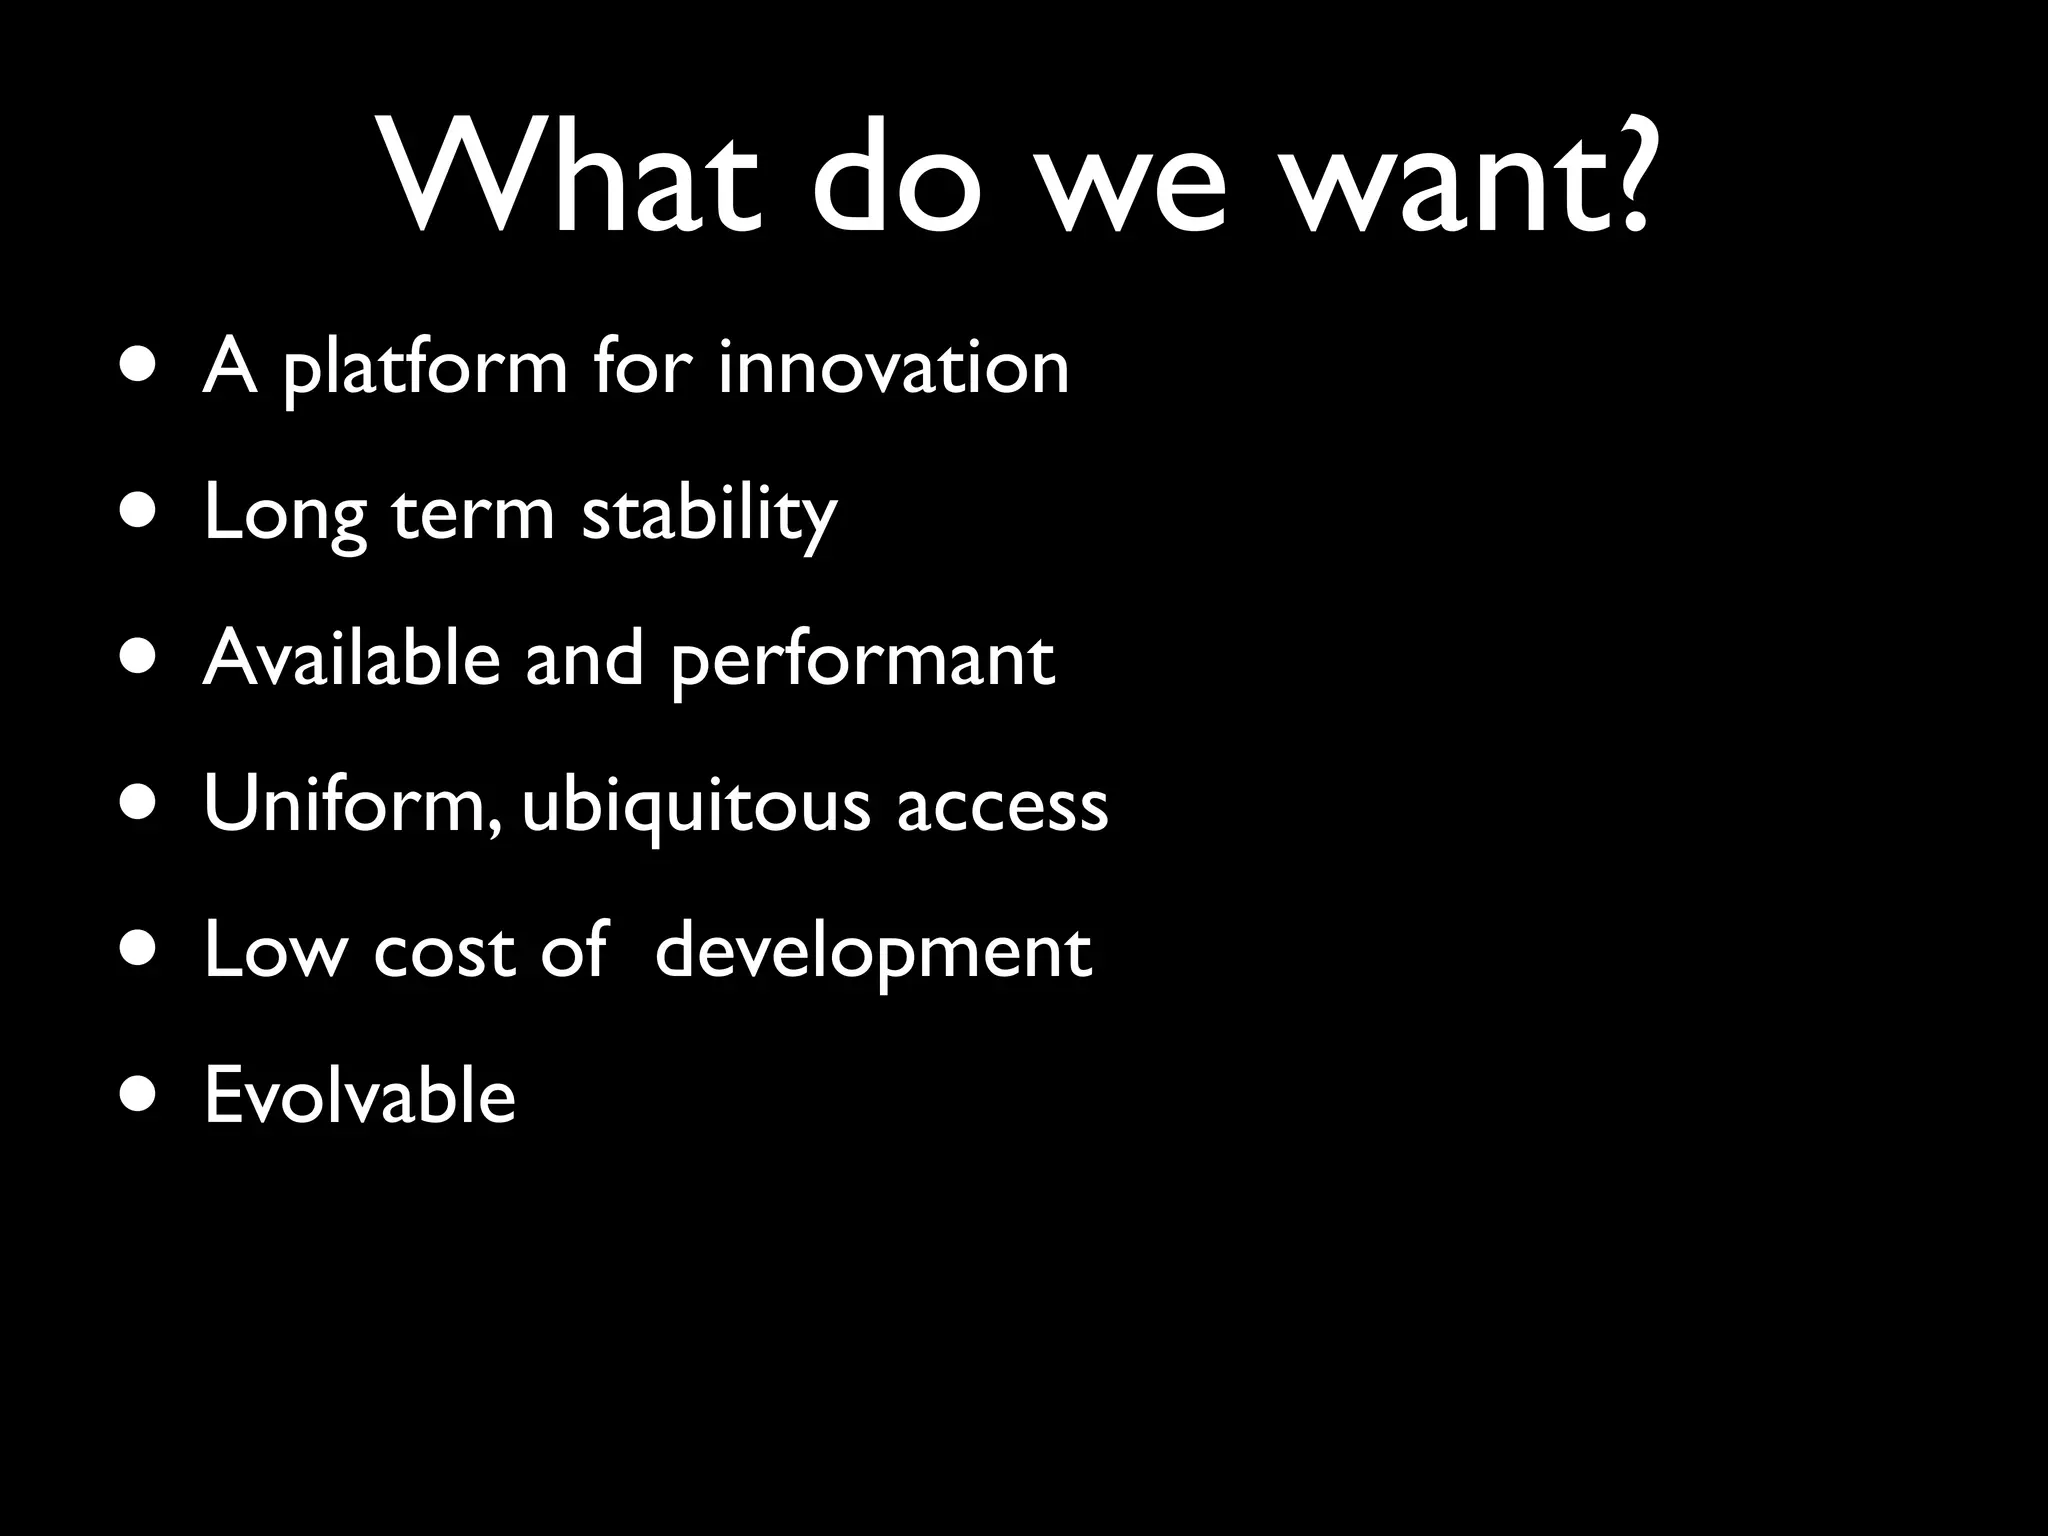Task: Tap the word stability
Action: click(709, 514)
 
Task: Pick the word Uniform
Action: click(345, 804)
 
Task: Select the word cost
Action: click(445, 950)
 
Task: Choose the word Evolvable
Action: click(360, 1095)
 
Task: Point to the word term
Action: click(472, 514)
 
